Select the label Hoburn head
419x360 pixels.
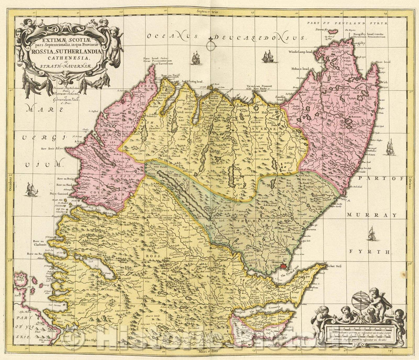click(300, 69)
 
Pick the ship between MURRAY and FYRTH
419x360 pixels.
click(372, 233)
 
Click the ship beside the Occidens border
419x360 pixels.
click(31, 189)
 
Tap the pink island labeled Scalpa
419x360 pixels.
click(19, 278)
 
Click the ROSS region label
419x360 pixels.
click(161, 245)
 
